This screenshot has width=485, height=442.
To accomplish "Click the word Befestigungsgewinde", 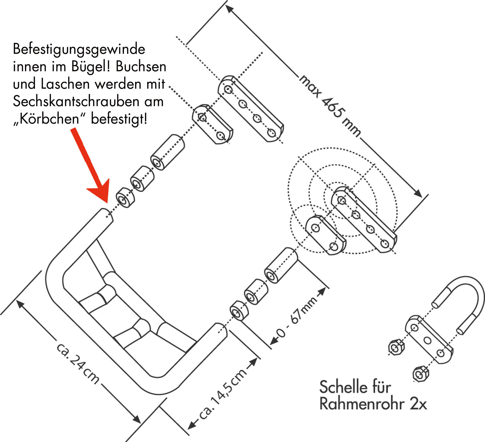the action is (79, 50).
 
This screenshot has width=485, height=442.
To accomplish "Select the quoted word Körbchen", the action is (49, 119).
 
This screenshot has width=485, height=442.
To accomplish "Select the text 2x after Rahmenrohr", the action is (418, 404).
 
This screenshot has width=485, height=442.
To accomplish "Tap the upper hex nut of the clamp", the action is (396, 348).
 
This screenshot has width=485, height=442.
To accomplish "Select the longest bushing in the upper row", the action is (167, 152).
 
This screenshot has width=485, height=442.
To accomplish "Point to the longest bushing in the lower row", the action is (281, 265).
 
